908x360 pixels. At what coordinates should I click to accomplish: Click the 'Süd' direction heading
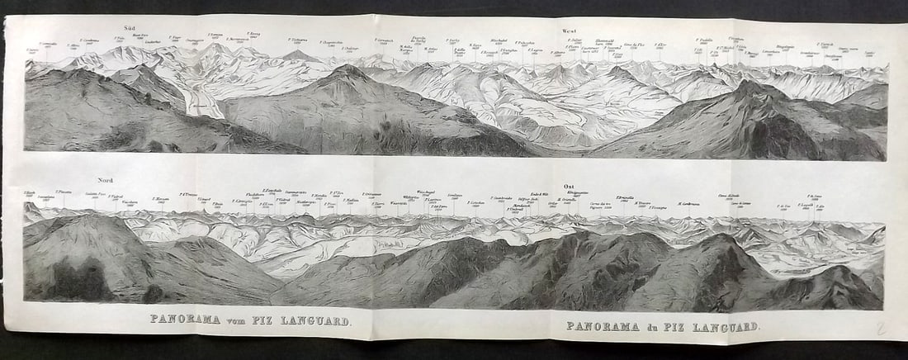130,27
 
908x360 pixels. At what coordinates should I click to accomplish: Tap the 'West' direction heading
570,31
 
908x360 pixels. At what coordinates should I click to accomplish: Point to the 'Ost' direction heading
568,187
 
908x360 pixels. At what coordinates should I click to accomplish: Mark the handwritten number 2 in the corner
881,329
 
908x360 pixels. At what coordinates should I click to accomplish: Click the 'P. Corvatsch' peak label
384,40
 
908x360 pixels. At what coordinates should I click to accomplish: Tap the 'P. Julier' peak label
575,39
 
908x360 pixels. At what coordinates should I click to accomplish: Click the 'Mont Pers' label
141,36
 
